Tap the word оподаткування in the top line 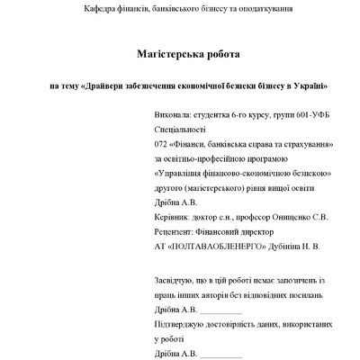point(262,8)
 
